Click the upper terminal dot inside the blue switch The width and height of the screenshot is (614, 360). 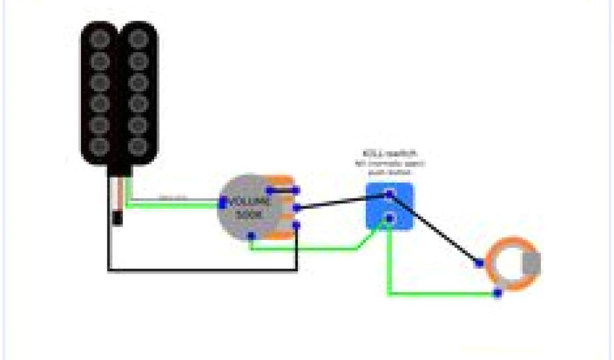point(389,193)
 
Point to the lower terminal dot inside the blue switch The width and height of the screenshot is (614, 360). point(389,217)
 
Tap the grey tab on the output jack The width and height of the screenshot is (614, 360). point(532,265)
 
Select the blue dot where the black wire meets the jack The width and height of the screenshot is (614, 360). point(479,263)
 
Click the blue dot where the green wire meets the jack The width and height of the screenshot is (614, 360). point(497,293)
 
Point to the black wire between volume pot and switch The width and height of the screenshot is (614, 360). point(342,201)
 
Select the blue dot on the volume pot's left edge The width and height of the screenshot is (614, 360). point(222,204)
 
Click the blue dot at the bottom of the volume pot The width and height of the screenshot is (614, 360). point(251,236)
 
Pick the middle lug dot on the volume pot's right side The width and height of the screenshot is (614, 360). point(296,208)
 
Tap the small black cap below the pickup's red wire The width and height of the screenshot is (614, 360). point(118,219)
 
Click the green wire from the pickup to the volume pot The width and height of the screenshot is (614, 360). point(174,205)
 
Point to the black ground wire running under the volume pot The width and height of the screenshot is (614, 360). point(204,271)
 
